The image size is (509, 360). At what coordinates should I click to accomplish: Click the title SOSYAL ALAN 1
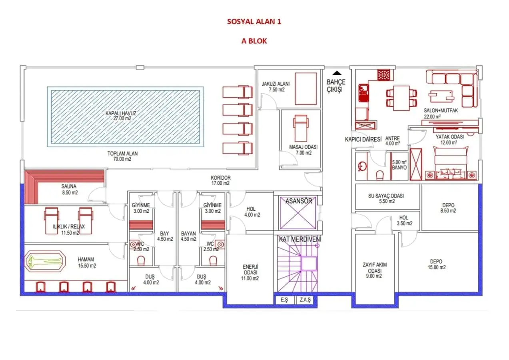pos(254,22)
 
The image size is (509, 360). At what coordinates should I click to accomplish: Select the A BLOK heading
pos(254,41)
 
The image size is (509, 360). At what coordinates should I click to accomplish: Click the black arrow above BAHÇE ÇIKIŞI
pos(337,73)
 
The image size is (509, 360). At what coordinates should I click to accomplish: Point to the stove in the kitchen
pos(384,75)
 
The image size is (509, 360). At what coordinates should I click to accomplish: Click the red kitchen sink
pos(363,93)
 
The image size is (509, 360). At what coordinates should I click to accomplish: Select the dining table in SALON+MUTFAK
pos(401,98)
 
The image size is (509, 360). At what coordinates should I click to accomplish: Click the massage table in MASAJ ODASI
pos(301,128)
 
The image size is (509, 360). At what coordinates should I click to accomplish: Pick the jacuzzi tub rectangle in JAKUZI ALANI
pos(306,89)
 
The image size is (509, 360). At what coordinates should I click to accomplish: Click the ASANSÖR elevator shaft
pos(297,213)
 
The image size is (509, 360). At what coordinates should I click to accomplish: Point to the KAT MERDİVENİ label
pos(300,239)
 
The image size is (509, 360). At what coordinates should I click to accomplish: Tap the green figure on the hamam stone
pos(44,261)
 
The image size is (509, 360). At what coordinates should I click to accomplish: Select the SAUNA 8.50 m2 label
pos(69,190)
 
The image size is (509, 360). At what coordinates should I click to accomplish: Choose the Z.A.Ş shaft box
pos(305,300)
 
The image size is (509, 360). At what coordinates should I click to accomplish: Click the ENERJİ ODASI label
pos(250,272)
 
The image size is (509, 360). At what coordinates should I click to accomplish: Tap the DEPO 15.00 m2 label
pos(437,264)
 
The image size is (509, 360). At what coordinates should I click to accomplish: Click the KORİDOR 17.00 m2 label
pos(220,180)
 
